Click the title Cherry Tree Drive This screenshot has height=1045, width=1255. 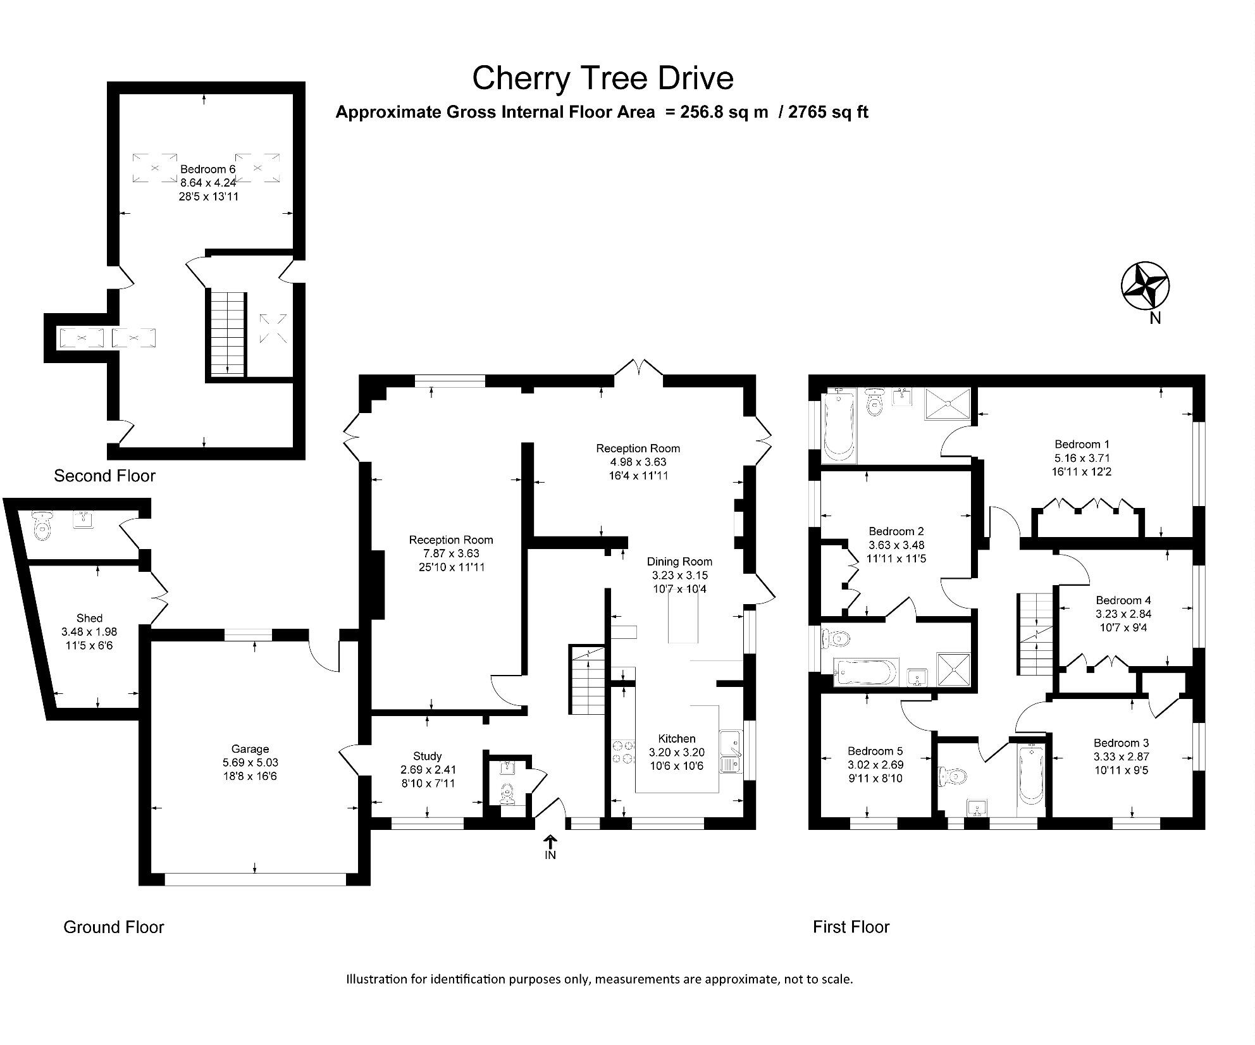[602, 78]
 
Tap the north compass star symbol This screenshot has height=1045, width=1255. [1145, 286]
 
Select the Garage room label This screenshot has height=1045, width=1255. [250, 749]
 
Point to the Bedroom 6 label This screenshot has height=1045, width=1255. [207, 169]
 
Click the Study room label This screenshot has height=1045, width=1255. [428, 756]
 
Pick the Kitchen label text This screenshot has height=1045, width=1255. [676, 738]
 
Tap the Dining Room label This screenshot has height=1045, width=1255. [679, 561]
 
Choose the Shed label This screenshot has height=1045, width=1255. [89, 618]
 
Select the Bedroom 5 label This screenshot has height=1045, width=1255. [875, 751]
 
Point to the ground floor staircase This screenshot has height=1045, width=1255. [588, 680]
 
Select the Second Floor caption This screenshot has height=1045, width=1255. [104, 476]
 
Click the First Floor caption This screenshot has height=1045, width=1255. [851, 927]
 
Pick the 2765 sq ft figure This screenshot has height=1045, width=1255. [828, 112]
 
